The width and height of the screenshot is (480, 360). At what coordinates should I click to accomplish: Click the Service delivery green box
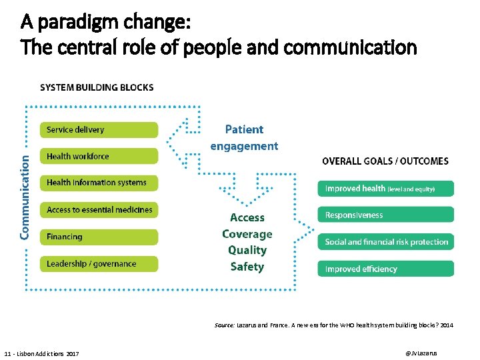pos(99,130)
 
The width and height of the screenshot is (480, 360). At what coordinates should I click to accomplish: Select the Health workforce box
pos(99,157)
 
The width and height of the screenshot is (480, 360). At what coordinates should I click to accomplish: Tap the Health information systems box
pos(99,183)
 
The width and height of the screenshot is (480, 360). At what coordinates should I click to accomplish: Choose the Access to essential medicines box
pos(99,210)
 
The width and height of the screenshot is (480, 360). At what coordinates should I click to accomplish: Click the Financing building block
pos(99,237)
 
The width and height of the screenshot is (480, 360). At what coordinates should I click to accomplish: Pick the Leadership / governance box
pos(99,264)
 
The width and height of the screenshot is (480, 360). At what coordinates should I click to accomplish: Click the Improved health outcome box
pos(385,189)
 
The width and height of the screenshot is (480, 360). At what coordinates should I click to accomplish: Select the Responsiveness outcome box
pos(385,215)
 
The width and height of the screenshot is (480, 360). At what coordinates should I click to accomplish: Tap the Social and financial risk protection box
pos(385,242)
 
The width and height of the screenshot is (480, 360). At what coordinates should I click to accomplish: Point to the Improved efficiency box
pos(385,269)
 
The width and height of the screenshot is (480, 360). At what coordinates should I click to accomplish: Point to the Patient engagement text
pos(244,137)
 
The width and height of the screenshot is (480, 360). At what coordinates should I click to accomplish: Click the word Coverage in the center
pos(247,234)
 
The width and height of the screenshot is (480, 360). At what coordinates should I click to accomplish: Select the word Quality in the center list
pos(247,250)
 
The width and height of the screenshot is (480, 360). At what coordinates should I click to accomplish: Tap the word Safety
pos(247,267)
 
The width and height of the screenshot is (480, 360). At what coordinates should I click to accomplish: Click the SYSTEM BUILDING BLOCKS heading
pos(97,87)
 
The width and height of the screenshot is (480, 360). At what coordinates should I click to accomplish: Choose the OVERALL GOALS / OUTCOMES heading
pos(385,161)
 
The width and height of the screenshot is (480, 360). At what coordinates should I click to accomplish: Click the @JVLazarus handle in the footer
pos(421,352)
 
